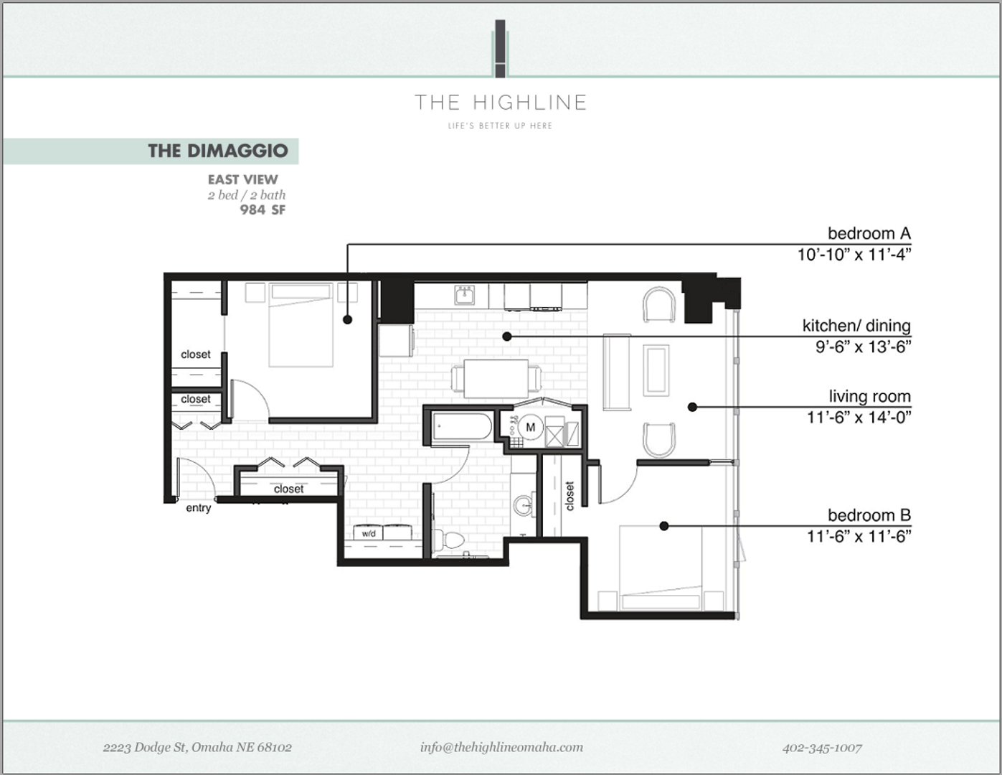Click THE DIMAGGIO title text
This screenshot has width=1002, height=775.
[x=217, y=151]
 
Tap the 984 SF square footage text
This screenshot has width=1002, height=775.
[x=263, y=210]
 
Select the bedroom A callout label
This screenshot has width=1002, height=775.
[x=869, y=233]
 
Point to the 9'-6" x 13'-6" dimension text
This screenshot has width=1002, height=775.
[x=863, y=347]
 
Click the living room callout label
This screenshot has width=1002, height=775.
[x=869, y=396]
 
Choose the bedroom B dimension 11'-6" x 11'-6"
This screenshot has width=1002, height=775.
[x=859, y=536]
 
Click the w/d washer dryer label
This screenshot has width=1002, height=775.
[x=369, y=533]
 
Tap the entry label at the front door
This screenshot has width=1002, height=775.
[x=199, y=508]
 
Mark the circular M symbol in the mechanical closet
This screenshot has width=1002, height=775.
[x=531, y=428]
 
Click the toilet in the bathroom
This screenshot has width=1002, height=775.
[x=448, y=540]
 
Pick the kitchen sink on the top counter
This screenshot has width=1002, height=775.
[x=465, y=294]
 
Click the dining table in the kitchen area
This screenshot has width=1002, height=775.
[x=496, y=378]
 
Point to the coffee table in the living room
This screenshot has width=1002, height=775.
[x=656, y=370]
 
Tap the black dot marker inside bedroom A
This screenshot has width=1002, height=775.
[x=348, y=319]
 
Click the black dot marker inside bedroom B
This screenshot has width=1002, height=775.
[x=664, y=526]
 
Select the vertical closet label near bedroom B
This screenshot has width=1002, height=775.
[x=569, y=496]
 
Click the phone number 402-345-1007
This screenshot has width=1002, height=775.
[x=822, y=748]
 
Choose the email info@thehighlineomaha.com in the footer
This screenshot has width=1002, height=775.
[x=501, y=747]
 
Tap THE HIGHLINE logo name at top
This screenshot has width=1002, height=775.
[x=501, y=103]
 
